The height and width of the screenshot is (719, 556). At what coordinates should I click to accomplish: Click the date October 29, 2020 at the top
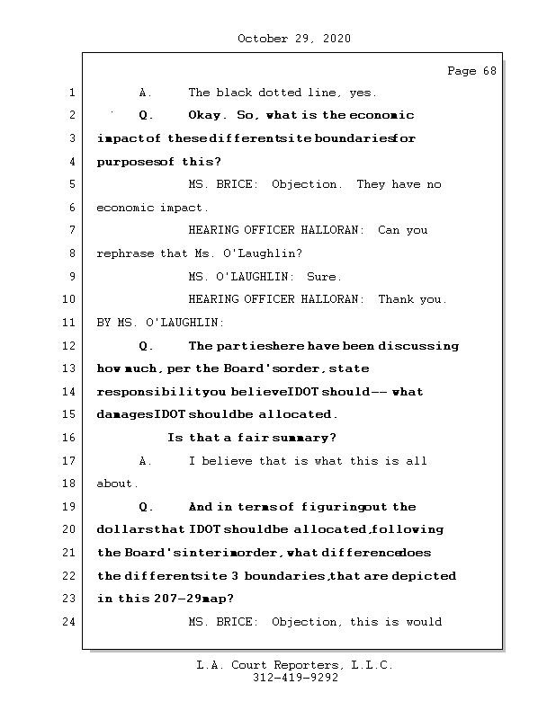(294, 39)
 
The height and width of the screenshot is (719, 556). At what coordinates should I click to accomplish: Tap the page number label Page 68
(471, 72)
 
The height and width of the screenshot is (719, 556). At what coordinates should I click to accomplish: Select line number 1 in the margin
(72, 93)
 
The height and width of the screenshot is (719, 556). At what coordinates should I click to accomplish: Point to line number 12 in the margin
(69, 346)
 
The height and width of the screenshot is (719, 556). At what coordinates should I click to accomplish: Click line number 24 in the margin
(69, 622)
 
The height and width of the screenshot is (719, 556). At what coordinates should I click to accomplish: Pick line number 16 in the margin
(69, 438)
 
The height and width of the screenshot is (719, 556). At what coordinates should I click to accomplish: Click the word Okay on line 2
(207, 115)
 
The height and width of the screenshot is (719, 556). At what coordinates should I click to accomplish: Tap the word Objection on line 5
(306, 184)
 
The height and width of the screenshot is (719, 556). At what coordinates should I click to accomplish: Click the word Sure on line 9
(324, 277)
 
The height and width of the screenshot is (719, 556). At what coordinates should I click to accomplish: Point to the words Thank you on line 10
(411, 299)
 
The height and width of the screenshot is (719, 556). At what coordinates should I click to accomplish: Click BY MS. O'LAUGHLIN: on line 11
(160, 323)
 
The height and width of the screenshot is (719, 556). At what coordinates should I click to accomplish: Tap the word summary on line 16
(303, 438)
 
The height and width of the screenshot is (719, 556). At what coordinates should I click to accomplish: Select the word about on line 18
(117, 484)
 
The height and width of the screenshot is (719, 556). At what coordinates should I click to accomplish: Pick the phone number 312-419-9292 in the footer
(295, 679)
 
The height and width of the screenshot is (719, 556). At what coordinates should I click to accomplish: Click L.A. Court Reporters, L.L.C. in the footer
(295, 665)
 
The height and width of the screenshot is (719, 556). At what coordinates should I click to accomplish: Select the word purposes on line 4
(128, 162)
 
